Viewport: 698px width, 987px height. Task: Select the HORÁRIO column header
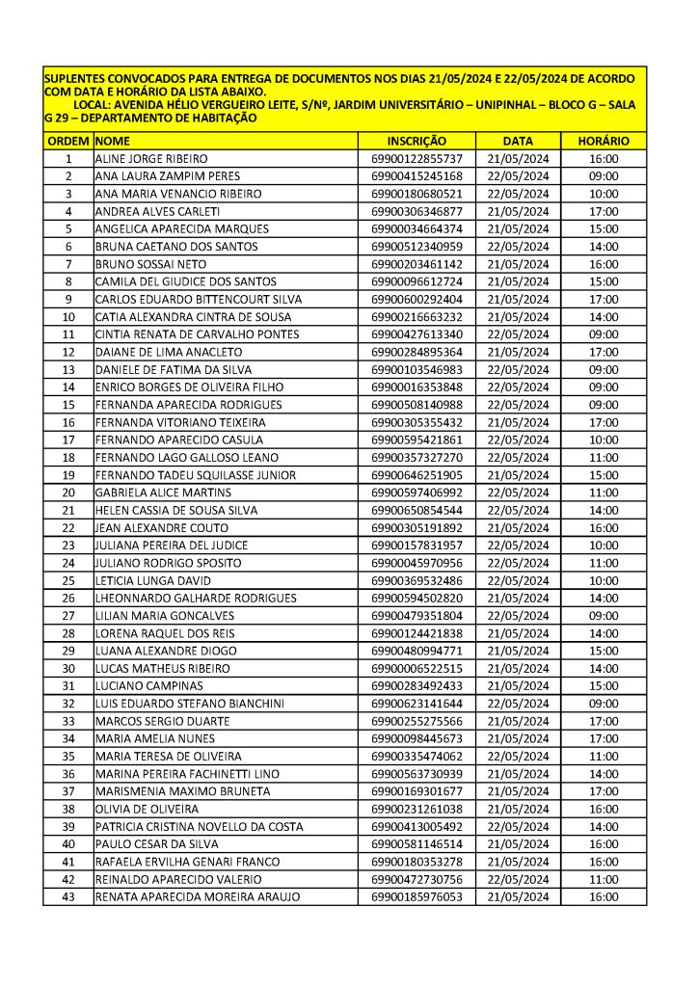[x=604, y=141]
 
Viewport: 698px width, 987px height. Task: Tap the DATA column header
[x=518, y=141]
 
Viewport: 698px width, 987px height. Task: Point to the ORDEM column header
[x=67, y=141]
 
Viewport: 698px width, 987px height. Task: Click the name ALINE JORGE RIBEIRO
[x=151, y=159]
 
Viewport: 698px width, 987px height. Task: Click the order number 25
[x=68, y=580]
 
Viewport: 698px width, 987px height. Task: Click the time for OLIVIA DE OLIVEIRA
[x=604, y=809]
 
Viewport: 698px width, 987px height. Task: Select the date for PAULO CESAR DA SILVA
[x=518, y=844]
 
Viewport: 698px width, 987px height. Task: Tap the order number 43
[x=68, y=896]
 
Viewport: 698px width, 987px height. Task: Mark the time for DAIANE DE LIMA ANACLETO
[x=604, y=352]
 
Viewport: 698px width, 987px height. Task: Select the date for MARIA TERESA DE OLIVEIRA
[x=518, y=756]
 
